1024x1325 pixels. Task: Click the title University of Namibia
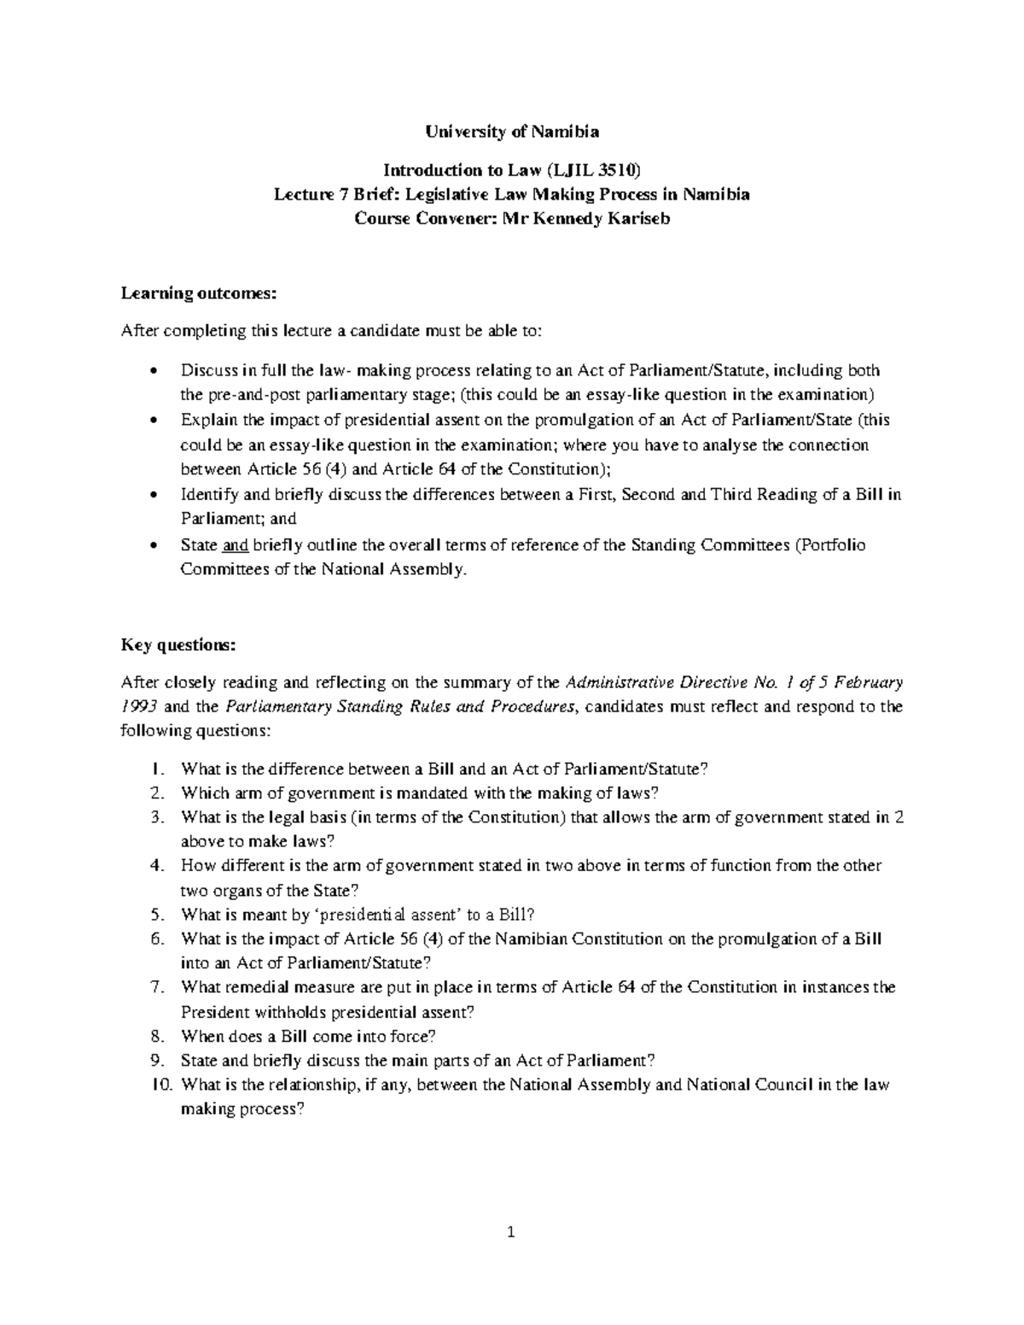[x=512, y=131]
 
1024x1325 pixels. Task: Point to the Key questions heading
[x=177, y=645]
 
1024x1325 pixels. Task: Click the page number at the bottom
[x=511, y=1231]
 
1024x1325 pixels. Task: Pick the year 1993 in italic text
[x=140, y=706]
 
